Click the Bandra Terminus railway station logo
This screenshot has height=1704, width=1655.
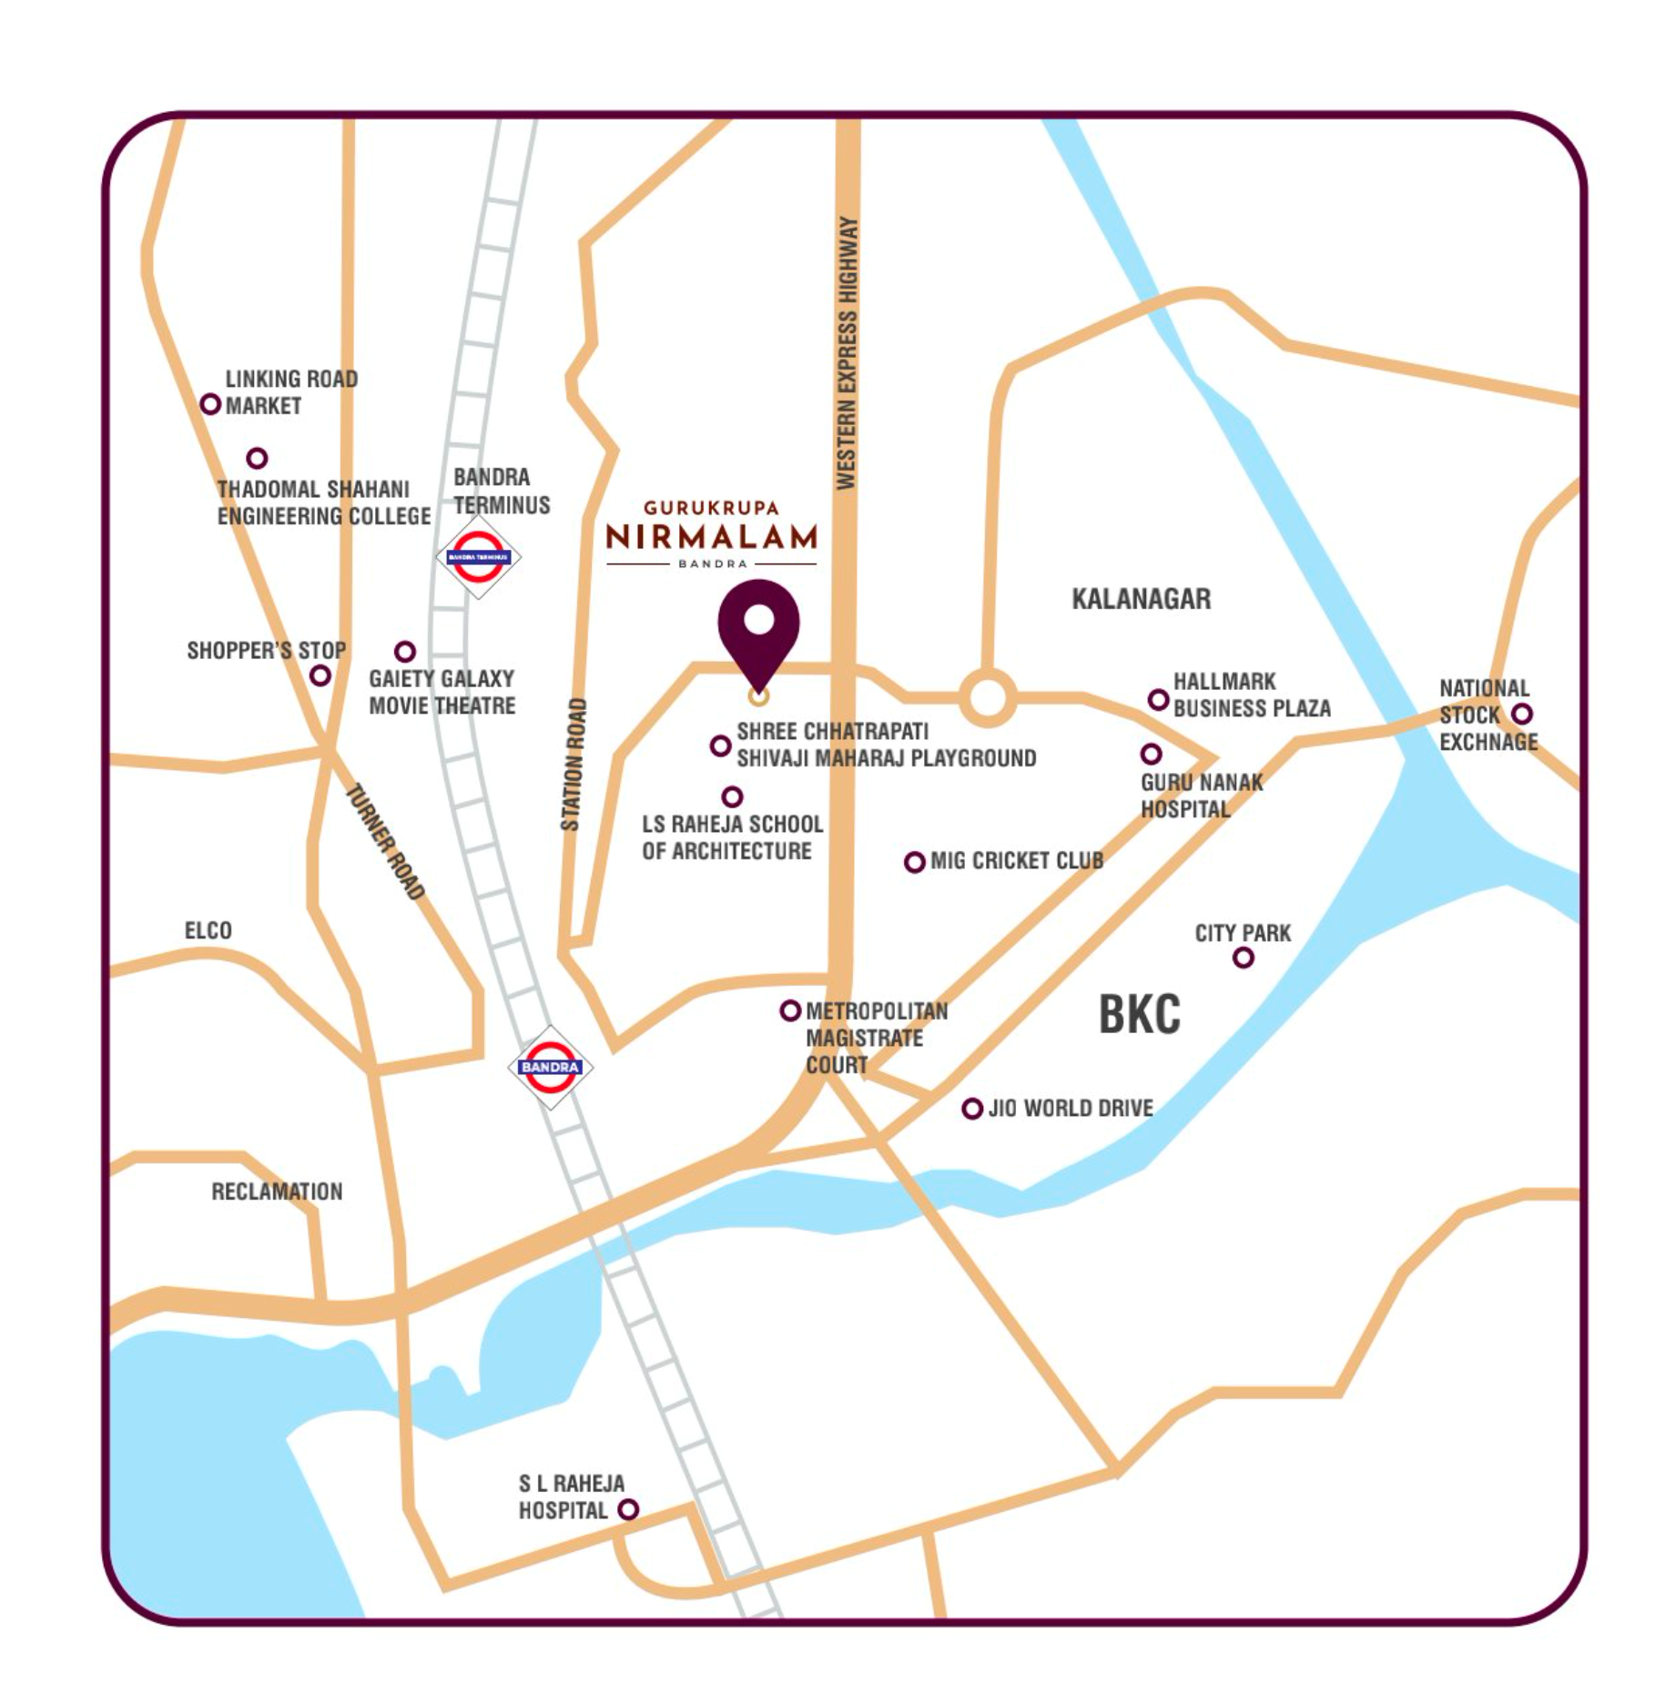pyautogui.click(x=478, y=556)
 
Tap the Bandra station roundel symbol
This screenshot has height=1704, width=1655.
pyautogui.click(x=550, y=1067)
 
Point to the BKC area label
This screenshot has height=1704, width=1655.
pyautogui.click(x=1139, y=1014)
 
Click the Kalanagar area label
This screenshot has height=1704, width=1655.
pyautogui.click(x=1141, y=599)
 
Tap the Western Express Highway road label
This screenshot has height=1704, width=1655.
pyautogui.click(x=847, y=353)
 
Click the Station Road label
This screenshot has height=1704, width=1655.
pyautogui.click(x=573, y=765)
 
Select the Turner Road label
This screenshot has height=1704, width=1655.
pyautogui.click(x=386, y=841)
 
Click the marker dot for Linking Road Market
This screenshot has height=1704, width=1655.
pyautogui.click(x=210, y=403)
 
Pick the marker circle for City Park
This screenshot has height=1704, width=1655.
pyautogui.click(x=1243, y=958)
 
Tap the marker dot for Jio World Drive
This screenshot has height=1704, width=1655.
pyautogui.click(x=972, y=1109)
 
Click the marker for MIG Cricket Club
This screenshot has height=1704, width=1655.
pyautogui.click(x=915, y=862)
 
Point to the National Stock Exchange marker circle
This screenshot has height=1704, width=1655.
pyautogui.click(x=1521, y=714)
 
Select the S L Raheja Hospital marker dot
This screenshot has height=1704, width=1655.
pyautogui.click(x=628, y=1509)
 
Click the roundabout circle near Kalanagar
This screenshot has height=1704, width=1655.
pyautogui.click(x=988, y=698)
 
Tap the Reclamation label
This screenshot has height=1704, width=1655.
pyautogui.click(x=277, y=1192)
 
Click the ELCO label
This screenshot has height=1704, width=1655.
pyautogui.click(x=208, y=930)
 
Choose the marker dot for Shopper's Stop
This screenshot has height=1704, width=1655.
pyautogui.click(x=320, y=675)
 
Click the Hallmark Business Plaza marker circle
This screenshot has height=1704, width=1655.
pyautogui.click(x=1158, y=699)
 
